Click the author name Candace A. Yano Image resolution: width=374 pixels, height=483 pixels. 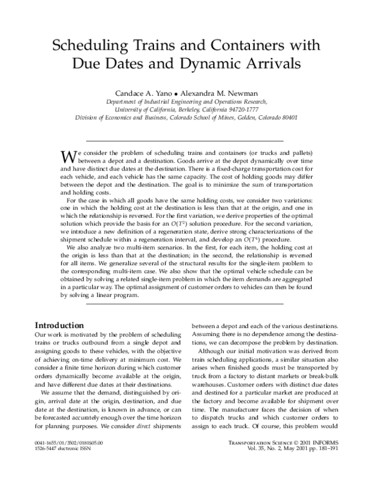point(138,92)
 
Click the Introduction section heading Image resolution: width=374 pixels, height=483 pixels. point(59,326)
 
